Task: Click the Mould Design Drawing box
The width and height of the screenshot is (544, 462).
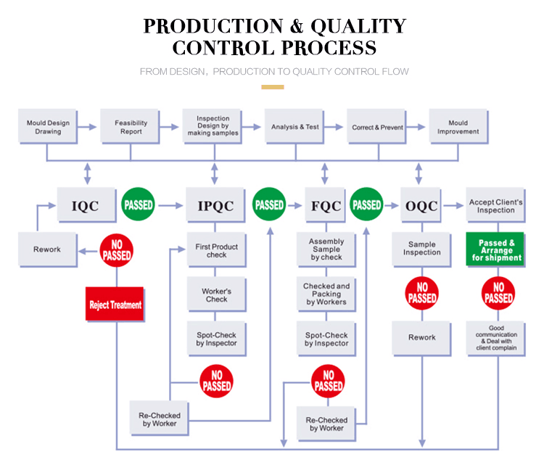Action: tap(49, 127)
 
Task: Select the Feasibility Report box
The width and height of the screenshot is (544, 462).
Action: tap(131, 127)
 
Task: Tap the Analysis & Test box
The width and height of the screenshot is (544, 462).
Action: tap(295, 127)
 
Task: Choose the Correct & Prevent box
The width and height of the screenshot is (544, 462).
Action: tap(377, 127)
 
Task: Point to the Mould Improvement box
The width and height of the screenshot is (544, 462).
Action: tap(458, 127)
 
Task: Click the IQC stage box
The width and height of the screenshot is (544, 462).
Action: tap(87, 206)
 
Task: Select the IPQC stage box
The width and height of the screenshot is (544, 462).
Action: tap(216, 206)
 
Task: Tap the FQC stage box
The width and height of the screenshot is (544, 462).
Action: tap(326, 206)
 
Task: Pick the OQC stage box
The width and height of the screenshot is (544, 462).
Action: tap(421, 206)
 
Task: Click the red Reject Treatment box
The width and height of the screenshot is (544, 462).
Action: tap(115, 305)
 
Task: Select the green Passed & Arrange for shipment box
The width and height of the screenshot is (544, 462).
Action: tap(495, 249)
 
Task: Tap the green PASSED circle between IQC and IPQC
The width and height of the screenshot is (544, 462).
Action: tap(138, 205)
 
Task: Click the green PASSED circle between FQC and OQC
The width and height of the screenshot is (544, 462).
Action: tap(367, 205)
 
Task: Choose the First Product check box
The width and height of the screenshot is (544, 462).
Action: tap(216, 250)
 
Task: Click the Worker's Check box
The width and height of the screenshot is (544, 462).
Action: tap(216, 294)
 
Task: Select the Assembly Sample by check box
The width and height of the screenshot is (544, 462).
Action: tap(326, 249)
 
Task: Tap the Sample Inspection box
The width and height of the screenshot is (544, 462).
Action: tap(421, 249)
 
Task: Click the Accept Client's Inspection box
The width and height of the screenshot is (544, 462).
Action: tap(495, 206)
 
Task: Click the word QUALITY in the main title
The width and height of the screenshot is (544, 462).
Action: tap(358, 26)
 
